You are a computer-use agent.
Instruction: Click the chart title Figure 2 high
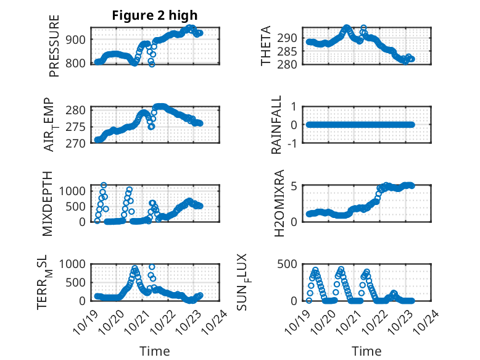pos(154,15)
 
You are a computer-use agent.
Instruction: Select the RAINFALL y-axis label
pos(277,125)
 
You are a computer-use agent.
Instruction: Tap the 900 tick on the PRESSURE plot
pos(79,40)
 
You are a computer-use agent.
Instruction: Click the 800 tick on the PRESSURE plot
pos(79,63)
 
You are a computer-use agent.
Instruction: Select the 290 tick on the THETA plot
pos(289,38)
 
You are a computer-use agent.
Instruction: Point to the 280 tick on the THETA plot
pos(289,64)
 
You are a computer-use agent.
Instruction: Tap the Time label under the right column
pos(366,351)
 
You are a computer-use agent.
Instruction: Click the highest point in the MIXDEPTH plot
pos(104,185)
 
